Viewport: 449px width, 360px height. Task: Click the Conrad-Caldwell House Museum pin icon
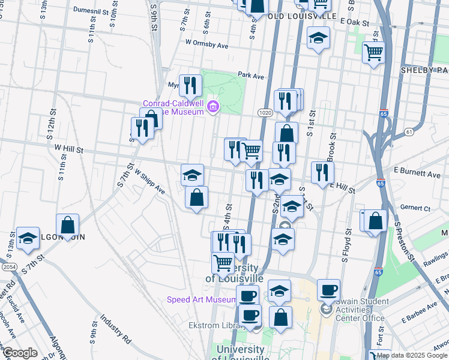pos(212,107)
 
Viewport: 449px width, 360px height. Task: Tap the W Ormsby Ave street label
pos(207,44)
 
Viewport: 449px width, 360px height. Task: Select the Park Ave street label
pos(251,76)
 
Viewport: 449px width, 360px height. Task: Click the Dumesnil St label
pos(95,10)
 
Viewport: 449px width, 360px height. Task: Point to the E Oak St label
pos(353,21)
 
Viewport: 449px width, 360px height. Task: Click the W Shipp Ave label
pos(149,181)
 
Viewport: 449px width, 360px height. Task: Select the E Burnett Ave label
pos(417,173)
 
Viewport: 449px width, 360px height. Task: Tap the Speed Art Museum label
pos(202,299)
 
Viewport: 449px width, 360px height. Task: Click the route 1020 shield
pos(265,113)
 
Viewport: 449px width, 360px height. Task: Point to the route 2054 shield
pos(9,266)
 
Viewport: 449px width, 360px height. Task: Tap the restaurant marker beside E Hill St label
pos(322,172)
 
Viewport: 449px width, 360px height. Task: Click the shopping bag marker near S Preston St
pos(375,221)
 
